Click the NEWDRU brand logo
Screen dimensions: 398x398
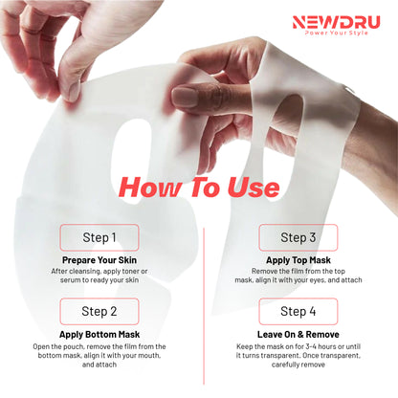[x=339, y=19]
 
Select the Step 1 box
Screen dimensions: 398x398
[x=99, y=237]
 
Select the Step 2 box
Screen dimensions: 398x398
[x=99, y=311]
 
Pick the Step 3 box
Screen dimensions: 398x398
[x=298, y=237]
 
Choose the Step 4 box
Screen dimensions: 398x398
[x=298, y=311]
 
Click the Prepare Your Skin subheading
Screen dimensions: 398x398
[x=99, y=259]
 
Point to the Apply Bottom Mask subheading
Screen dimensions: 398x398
[x=99, y=334]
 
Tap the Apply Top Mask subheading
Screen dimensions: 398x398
[x=298, y=259]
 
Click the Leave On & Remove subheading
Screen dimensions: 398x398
[x=298, y=334]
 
